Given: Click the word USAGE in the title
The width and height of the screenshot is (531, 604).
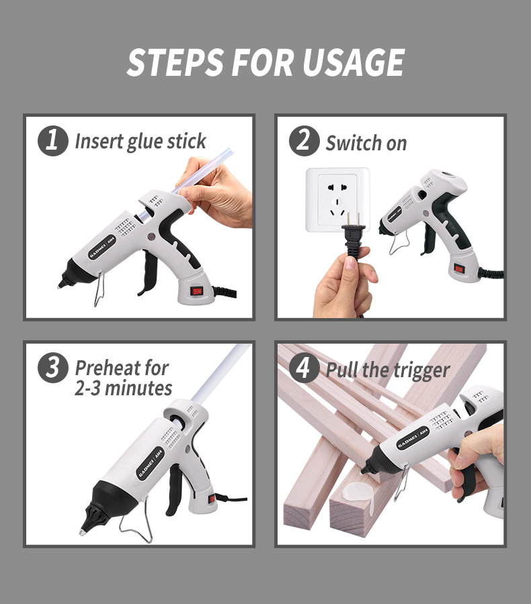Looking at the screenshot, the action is click(x=353, y=62).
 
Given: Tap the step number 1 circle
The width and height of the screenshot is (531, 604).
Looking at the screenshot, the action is click(x=53, y=141).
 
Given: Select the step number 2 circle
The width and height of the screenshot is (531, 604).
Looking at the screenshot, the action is click(x=304, y=141).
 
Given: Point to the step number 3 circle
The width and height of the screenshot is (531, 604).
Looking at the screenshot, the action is click(x=53, y=368).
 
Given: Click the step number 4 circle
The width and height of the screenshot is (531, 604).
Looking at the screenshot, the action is click(x=304, y=368).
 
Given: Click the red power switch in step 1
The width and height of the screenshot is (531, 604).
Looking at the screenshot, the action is click(x=197, y=291).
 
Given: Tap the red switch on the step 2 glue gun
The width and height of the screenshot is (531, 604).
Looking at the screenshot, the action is click(x=459, y=268).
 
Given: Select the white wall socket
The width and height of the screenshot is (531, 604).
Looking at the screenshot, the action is click(x=337, y=199).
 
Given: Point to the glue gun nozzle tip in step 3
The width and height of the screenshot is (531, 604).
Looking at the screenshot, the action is click(x=83, y=532).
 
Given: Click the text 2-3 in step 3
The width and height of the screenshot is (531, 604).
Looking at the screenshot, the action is click(x=88, y=389).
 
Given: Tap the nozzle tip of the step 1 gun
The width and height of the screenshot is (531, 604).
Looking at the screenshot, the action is click(x=60, y=285).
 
